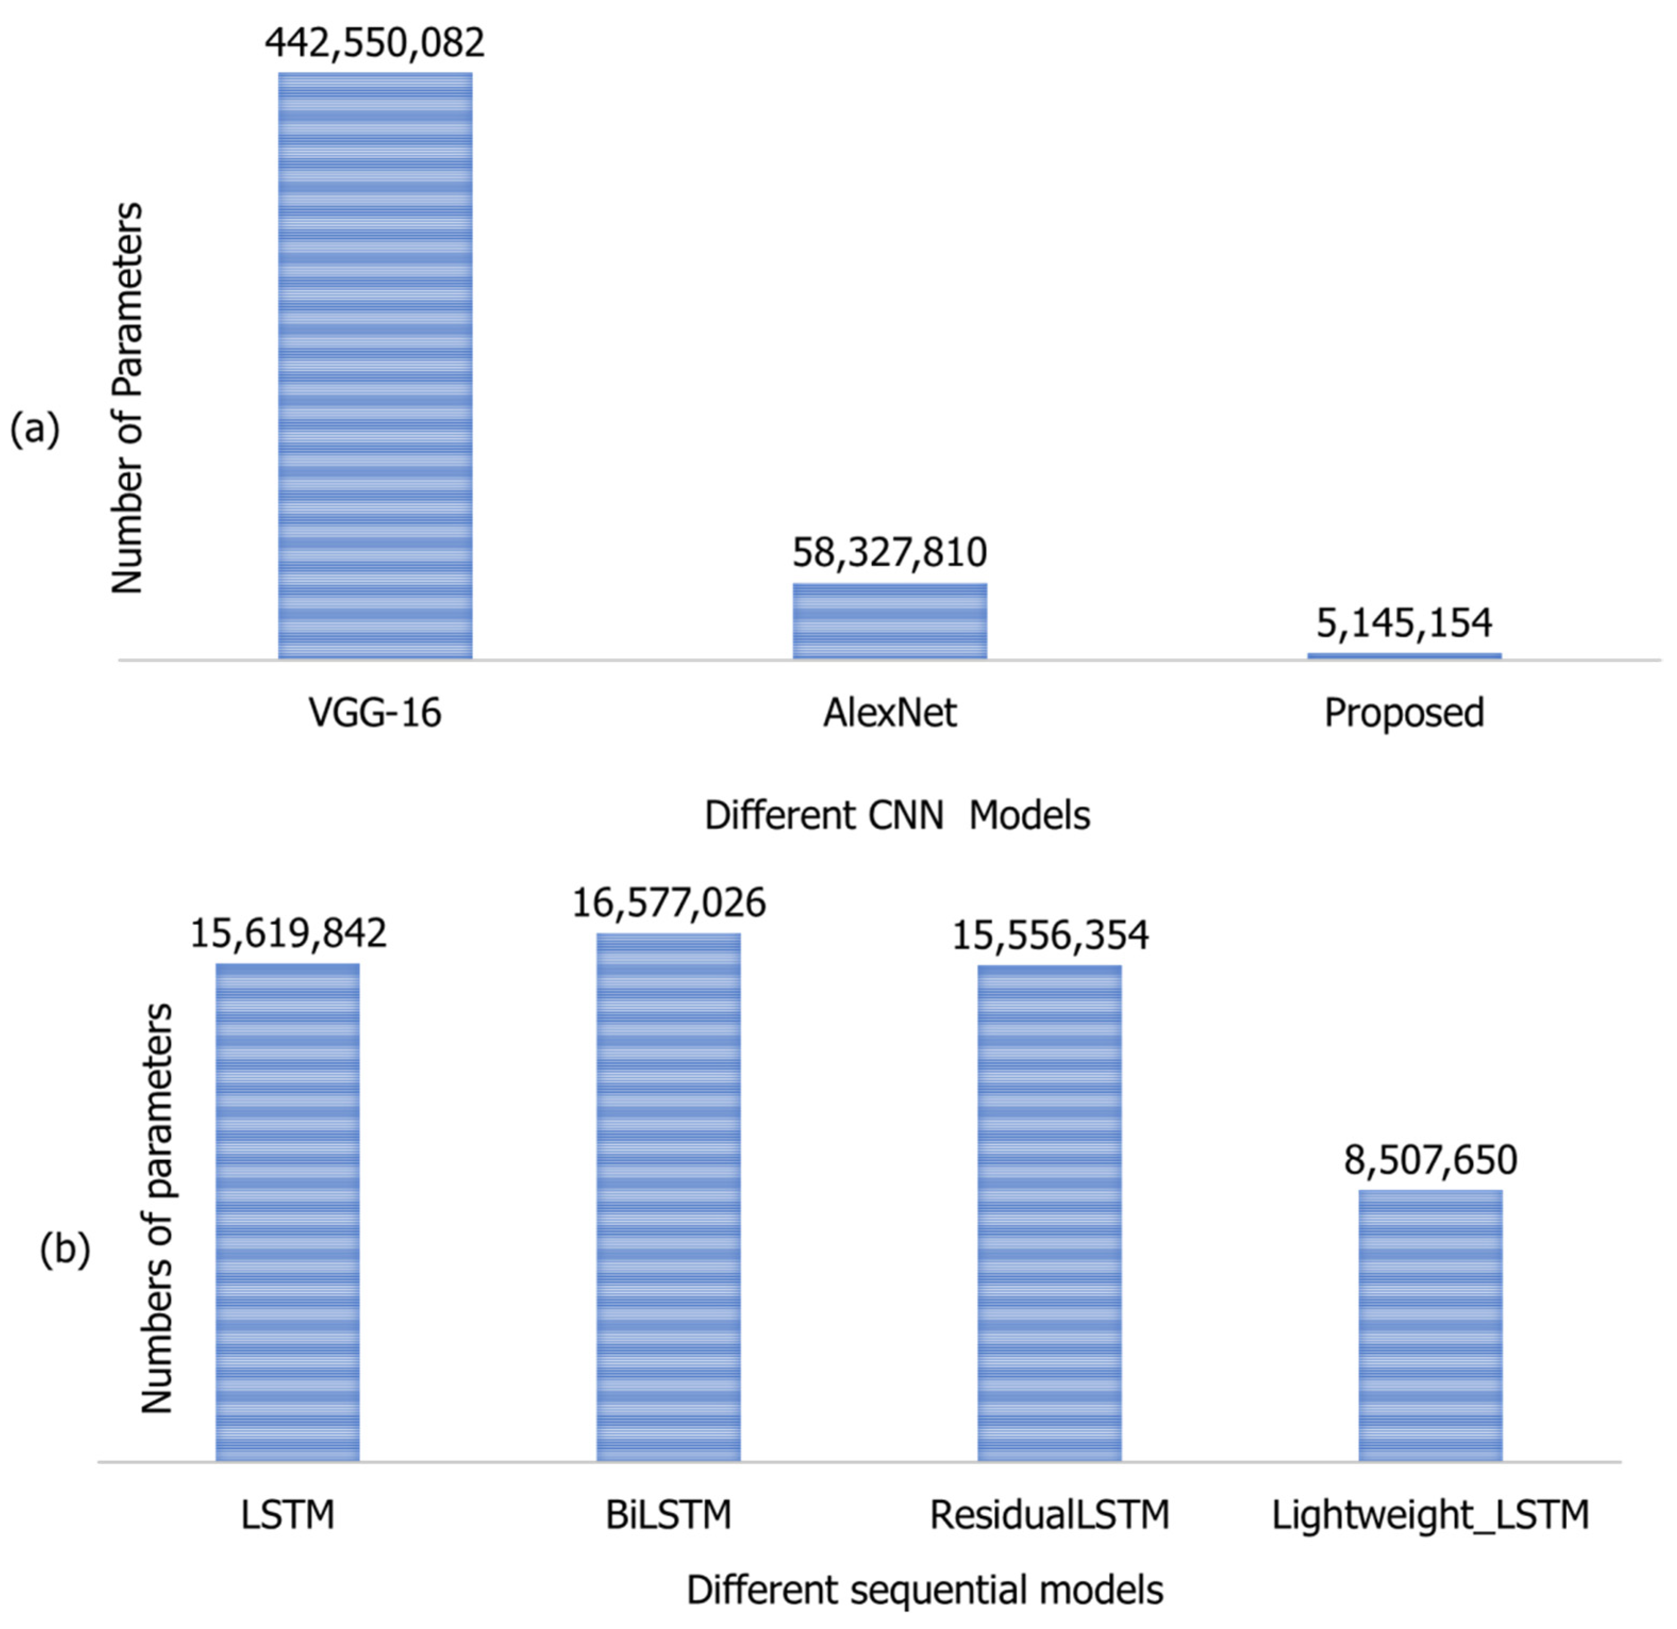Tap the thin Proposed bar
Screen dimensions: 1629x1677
pos(1404,656)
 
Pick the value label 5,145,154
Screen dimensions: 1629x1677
pos(1404,623)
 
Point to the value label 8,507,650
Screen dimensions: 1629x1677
pos(1431,1161)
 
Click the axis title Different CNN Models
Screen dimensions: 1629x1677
pos(897,816)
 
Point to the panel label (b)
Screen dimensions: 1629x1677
pos(65,1250)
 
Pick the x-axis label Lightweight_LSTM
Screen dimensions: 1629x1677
pos(1431,1515)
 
